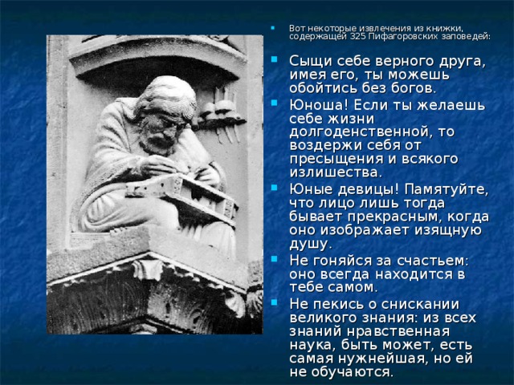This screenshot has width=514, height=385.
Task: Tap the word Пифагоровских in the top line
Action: (x=409, y=36)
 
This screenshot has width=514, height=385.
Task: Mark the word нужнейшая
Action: (x=372, y=357)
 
